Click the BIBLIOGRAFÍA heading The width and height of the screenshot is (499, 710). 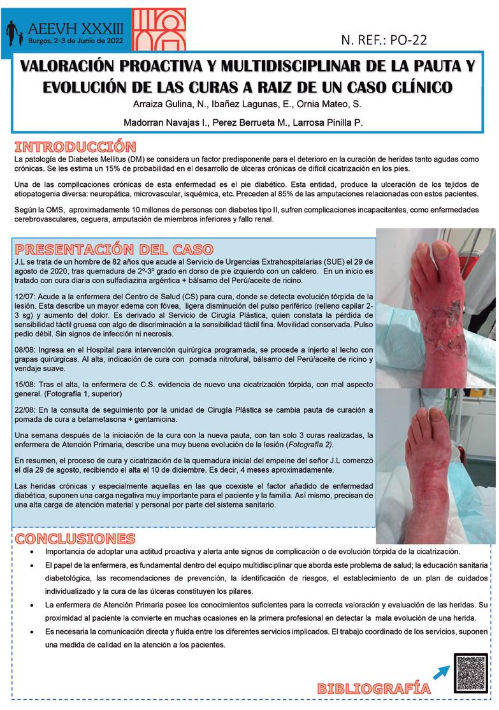(x=373, y=688)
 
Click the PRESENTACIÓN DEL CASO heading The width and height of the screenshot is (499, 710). (x=113, y=249)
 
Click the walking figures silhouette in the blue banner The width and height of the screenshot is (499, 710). (x=16, y=33)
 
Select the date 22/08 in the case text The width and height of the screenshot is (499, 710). (x=25, y=409)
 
